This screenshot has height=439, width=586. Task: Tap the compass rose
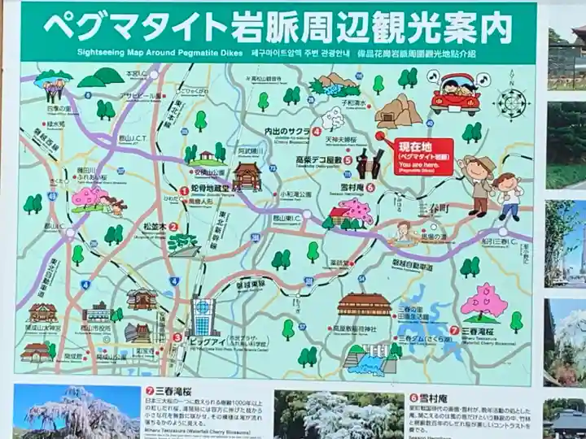click(x=513, y=103)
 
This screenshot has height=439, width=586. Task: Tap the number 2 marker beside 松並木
click(x=172, y=228)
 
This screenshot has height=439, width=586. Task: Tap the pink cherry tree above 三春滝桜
click(x=483, y=302)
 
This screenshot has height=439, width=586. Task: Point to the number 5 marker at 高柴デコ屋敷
click(x=348, y=160)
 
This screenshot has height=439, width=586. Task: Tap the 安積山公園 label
click(x=207, y=172)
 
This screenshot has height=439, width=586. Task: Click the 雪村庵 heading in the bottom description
click(x=429, y=398)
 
